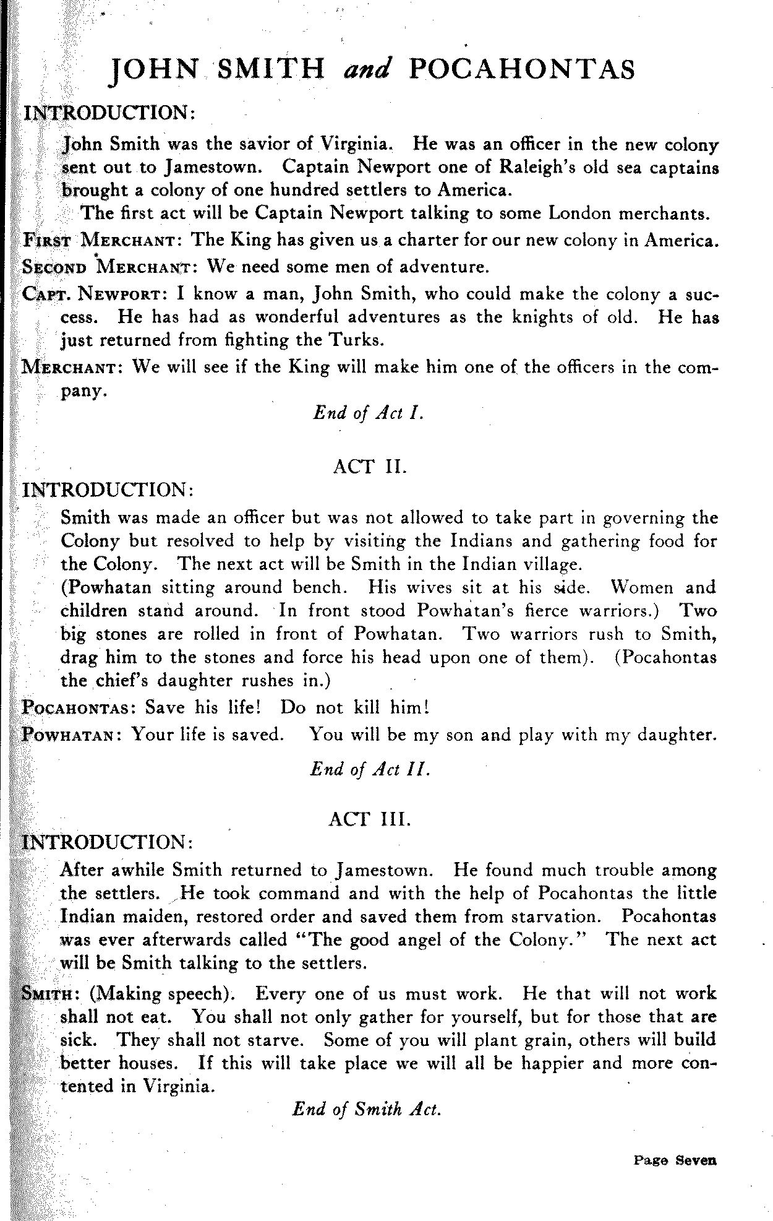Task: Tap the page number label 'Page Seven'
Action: point(675,1160)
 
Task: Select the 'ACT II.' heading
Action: point(370,466)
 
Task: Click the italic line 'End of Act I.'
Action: point(369,413)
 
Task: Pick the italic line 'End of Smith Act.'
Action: point(367,1109)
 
